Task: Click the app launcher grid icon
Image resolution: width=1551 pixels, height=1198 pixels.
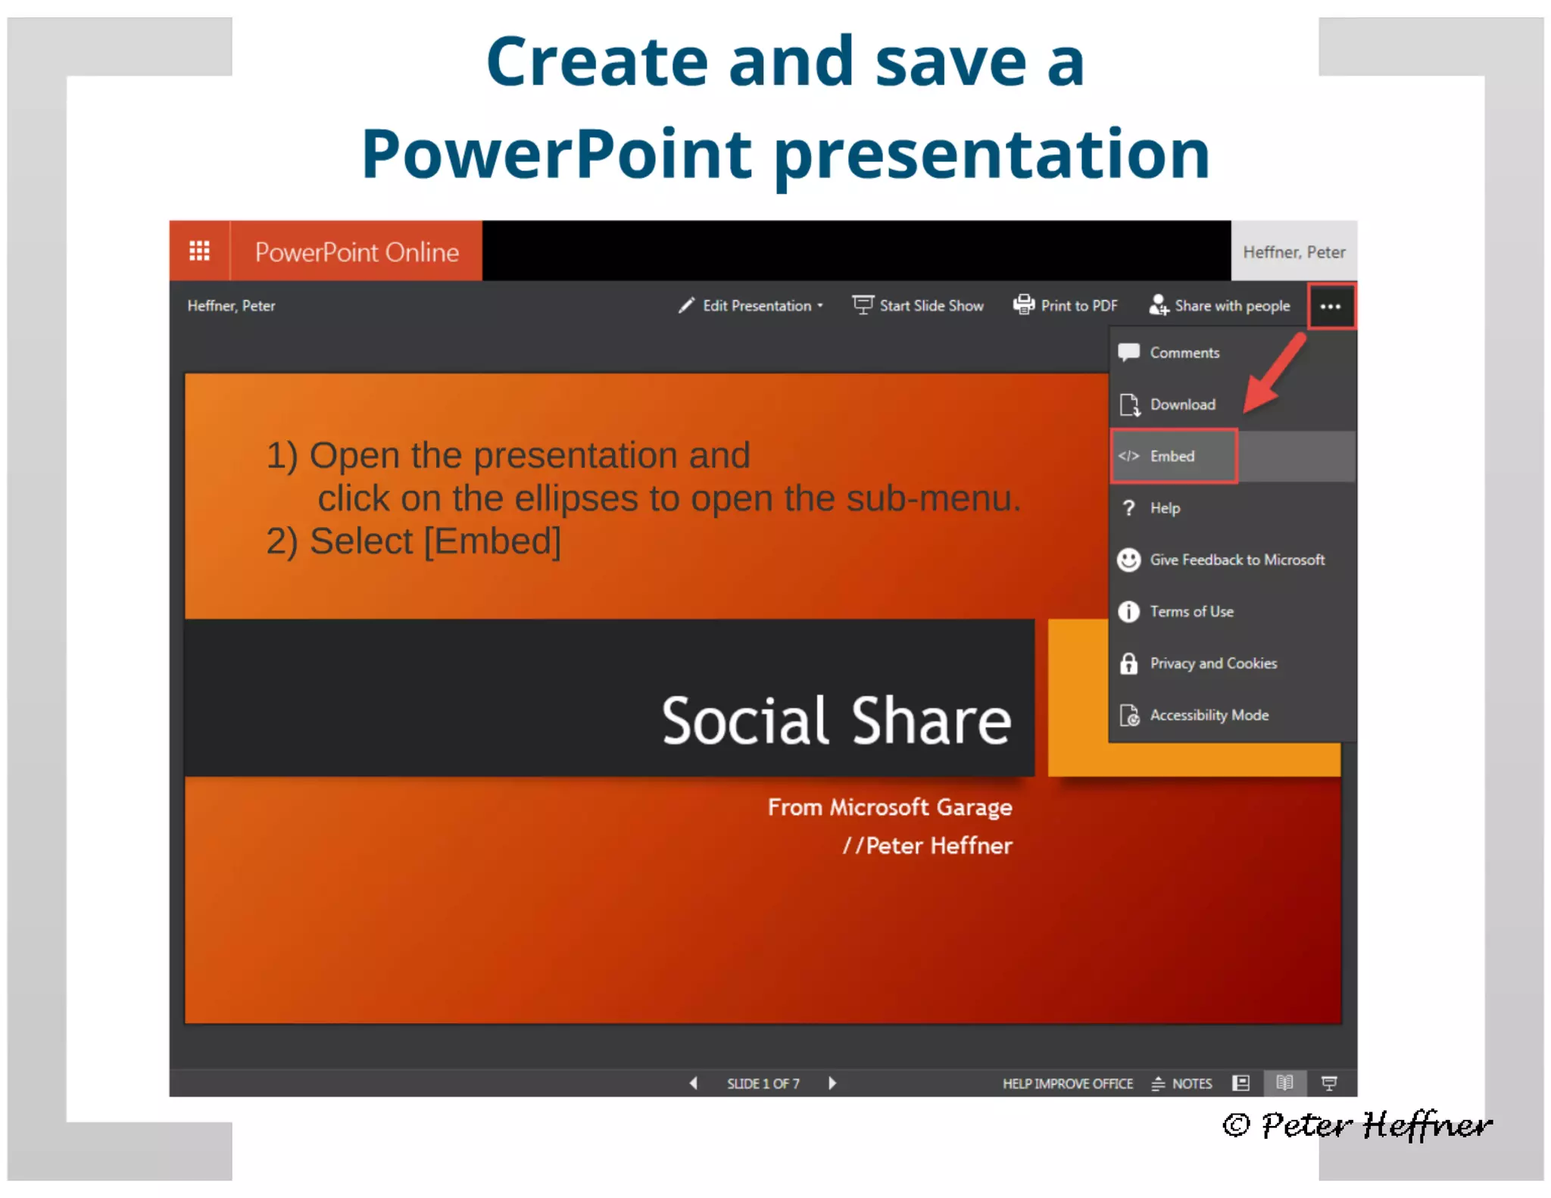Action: coord(199,251)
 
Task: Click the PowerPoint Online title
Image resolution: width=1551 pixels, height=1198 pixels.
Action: coord(356,252)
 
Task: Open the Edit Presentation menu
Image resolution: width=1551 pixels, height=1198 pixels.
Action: coord(751,306)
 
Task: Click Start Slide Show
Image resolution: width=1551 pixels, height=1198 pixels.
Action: coord(918,306)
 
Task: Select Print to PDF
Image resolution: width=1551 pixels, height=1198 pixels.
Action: coord(1066,306)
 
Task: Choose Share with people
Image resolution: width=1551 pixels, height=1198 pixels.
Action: coord(1219,306)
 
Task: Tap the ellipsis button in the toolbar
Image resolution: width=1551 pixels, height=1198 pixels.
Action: coord(1331,307)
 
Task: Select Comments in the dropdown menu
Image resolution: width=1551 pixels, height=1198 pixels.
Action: coord(1184,353)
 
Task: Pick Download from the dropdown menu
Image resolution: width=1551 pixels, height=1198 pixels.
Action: coord(1181,404)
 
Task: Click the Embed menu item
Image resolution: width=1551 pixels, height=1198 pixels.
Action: coord(1172,456)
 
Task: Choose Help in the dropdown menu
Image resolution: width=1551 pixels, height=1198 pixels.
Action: coord(1164,508)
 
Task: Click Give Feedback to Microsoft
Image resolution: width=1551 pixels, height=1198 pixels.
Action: coord(1236,560)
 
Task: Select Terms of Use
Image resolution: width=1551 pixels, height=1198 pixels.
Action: coord(1191,611)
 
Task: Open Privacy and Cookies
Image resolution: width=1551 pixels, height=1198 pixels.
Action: coord(1212,663)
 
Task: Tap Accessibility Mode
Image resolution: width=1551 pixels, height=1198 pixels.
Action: coord(1208,715)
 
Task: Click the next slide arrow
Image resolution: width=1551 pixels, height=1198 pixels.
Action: coord(832,1083)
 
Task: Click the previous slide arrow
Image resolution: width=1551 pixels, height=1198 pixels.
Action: coord(693,1083)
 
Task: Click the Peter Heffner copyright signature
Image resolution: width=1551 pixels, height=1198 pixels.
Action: coord(1357,1125)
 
